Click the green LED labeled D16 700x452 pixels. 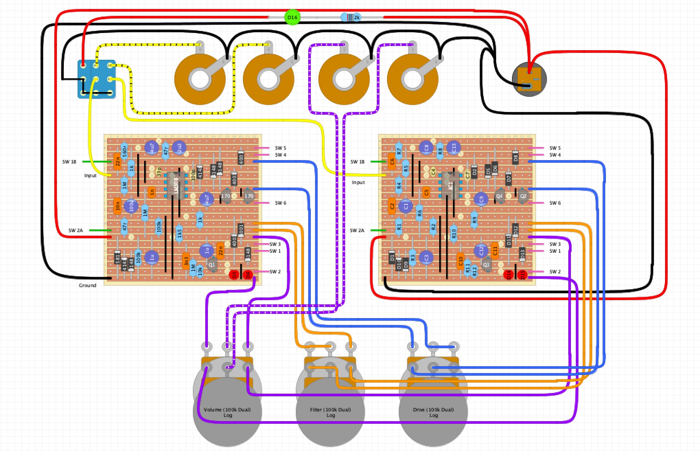pyautogui.click(x=292, y=17)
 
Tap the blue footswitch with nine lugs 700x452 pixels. pyautogui.click(x=96, y=79)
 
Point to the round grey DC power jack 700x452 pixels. pyautogui.click(x=529, y=79)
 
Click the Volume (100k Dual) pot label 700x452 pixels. pyautogui.click(x=227, y=412)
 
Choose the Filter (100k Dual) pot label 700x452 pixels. pyautogui.click(x=330, y=412)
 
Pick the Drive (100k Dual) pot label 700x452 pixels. pyautogui.click(x=433, y=412)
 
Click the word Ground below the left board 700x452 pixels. pyautogui.click(x=87, y=285)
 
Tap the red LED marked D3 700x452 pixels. pyautogui.click(x=234, y=274)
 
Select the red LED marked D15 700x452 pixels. pyautogui.click(x=522, y=274)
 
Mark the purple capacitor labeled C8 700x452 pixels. pyautogui.click(x=426, y=148)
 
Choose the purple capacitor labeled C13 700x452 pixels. pyautogui.click(x=454, y=148)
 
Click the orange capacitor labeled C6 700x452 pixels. pyautogui.click(x=392, y=161)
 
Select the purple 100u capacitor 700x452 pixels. pyautogui.click(x=131, y=206)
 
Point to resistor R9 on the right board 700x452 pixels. pyautogui.click(x=474, y=220)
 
